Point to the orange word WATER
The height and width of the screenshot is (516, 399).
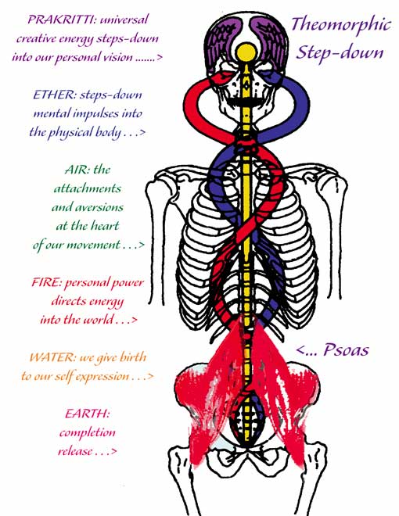[52, 357]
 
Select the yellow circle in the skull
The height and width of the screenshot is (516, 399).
[246, 53]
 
